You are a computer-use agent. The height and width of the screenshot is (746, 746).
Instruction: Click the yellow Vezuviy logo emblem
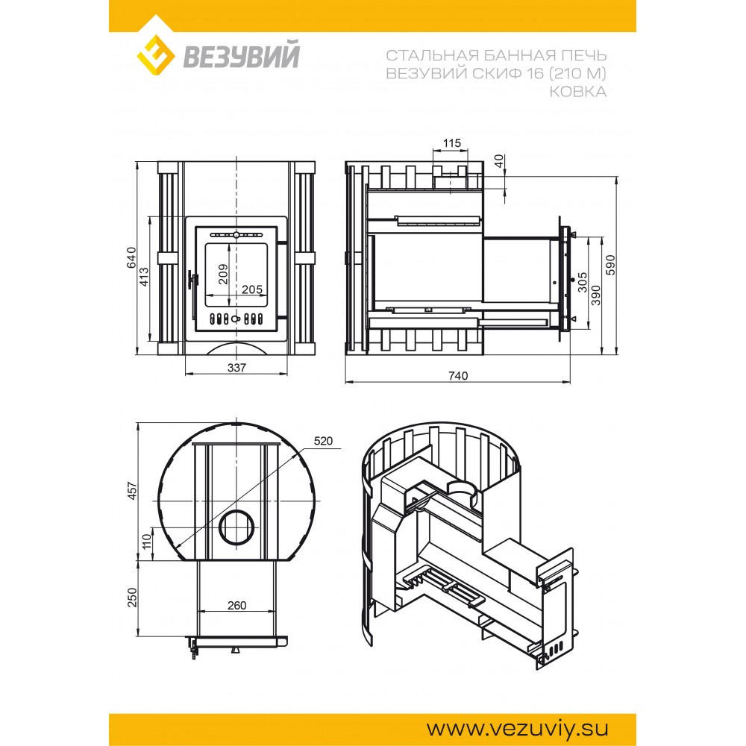pos(156,55)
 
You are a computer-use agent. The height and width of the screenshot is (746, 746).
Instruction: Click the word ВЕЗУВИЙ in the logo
pos(241,55)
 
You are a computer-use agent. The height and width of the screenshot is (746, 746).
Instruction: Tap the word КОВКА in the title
pos(577,91)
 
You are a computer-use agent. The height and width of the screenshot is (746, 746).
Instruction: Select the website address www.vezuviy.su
pos(517,728)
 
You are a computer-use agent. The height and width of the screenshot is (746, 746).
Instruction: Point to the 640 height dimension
pos(132,257)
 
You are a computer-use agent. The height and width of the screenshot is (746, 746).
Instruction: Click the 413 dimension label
pos(144,277)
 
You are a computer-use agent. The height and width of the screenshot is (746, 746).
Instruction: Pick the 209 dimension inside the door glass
pos(222,274)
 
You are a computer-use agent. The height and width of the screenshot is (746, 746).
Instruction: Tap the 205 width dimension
pos(251,289)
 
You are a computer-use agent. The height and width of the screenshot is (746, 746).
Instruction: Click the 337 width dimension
pos(236,367)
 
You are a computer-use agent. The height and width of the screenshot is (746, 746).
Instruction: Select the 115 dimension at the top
pos(451,142)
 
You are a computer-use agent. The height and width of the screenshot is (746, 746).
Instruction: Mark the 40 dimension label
pos(498,161)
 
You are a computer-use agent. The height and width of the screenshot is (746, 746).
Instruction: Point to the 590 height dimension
pos(611,265)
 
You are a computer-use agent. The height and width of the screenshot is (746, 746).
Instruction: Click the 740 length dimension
pos(458,375)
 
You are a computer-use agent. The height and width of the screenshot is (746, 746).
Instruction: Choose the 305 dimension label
pos(583,282)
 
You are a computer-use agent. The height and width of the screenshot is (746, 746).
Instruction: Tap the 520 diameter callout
pos(323,441)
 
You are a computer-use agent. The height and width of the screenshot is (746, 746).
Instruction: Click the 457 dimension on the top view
pos(132,491)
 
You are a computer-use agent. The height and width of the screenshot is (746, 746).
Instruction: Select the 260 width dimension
pos(236,605)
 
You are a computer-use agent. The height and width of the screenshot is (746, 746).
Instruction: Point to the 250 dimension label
pos(132,598)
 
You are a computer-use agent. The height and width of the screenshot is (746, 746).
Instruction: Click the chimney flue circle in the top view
pos(236,527)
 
